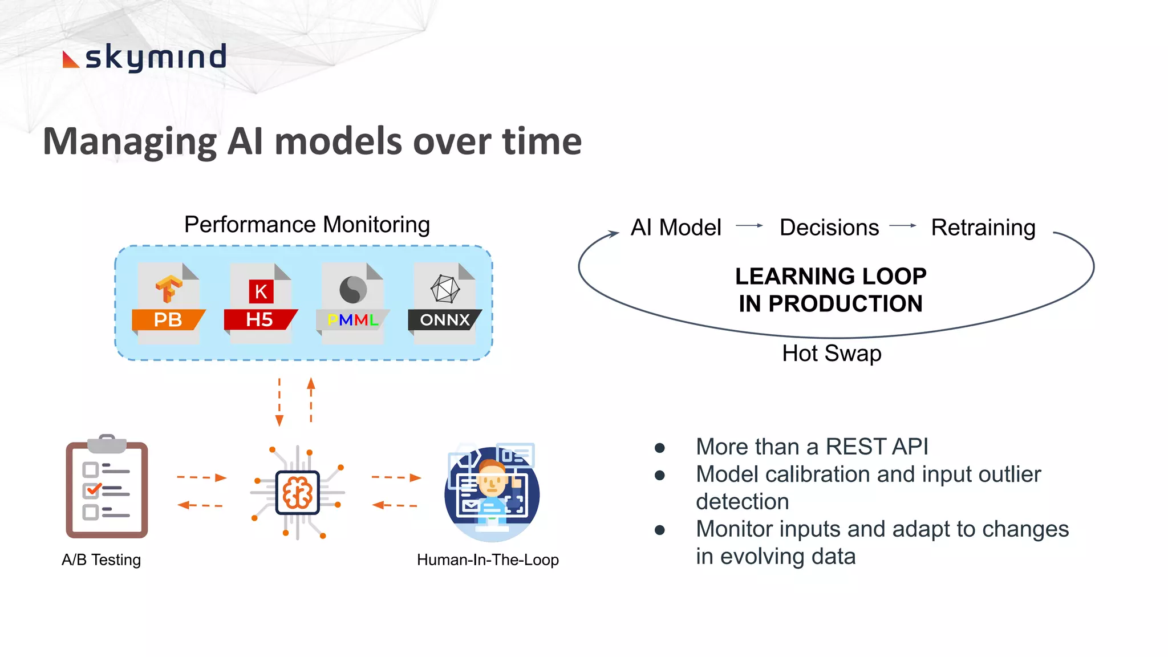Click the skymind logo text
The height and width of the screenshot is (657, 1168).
[x=155, y=58]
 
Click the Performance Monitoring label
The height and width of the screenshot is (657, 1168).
[x=307, y=225]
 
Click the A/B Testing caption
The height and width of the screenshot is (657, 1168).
[x=101, y=559]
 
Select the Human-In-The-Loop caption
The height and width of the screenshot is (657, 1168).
[x=488, y=559]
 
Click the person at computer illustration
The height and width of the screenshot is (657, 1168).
[x=492, y=493]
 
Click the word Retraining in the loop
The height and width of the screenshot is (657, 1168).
[x=983, y=228]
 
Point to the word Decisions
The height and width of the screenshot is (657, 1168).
[x=829, y=228]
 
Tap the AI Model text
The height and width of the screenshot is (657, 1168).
[x=676, y=228]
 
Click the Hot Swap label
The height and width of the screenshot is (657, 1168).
[x=832, y=354]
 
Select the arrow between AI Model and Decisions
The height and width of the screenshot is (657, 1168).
[x=749, y=226]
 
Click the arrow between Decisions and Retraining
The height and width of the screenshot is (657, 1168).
[x=903, y=226]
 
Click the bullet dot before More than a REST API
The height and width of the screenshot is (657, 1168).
[x=660, y=448]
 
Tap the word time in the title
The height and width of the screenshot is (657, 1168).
[x=541, y=141]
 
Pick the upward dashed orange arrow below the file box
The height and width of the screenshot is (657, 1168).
[x=311, y=399]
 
